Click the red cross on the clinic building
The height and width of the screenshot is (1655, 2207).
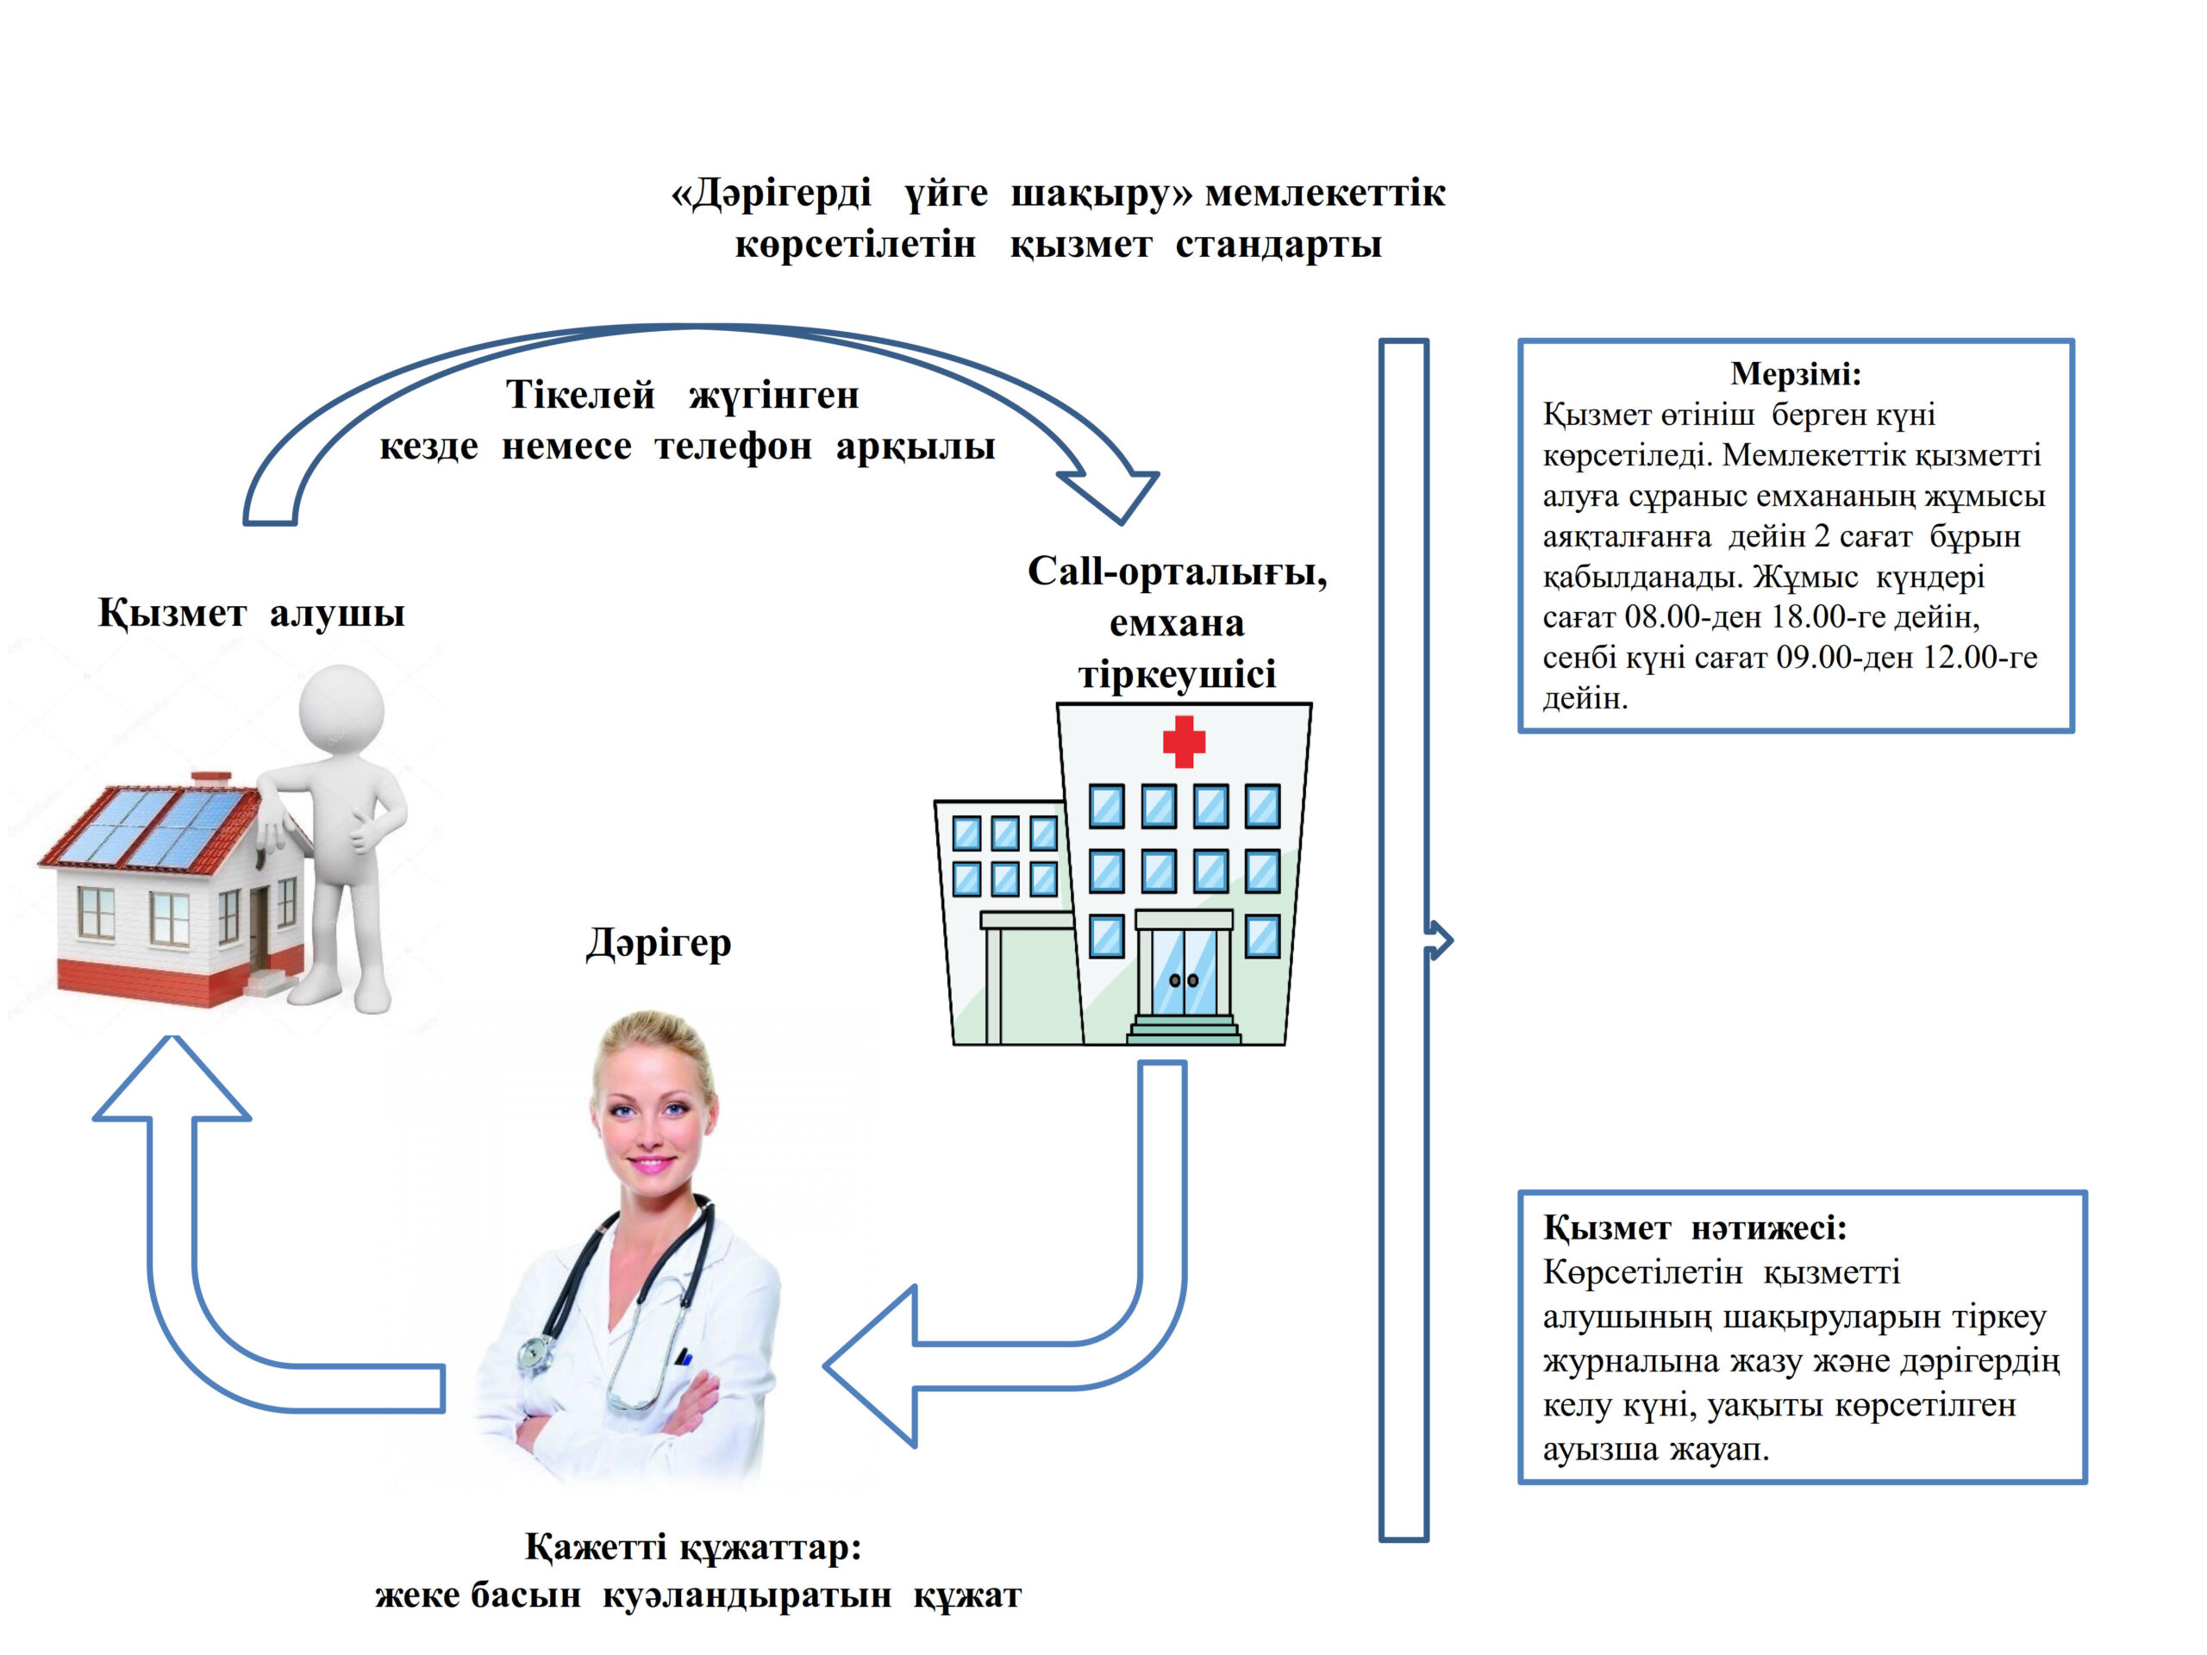1184,741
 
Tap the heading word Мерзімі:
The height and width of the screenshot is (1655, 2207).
1795,374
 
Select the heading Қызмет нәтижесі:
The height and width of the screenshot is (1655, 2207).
1694,1228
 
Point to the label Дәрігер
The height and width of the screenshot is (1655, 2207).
659,943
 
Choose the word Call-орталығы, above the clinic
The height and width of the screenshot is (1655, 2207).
1178,571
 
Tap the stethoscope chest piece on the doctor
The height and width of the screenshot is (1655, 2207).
535,1352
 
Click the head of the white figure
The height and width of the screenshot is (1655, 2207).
341,709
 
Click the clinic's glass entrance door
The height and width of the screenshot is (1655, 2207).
1185,971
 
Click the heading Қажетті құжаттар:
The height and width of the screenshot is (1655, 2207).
692,1547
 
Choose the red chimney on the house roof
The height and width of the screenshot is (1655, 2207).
210,778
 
